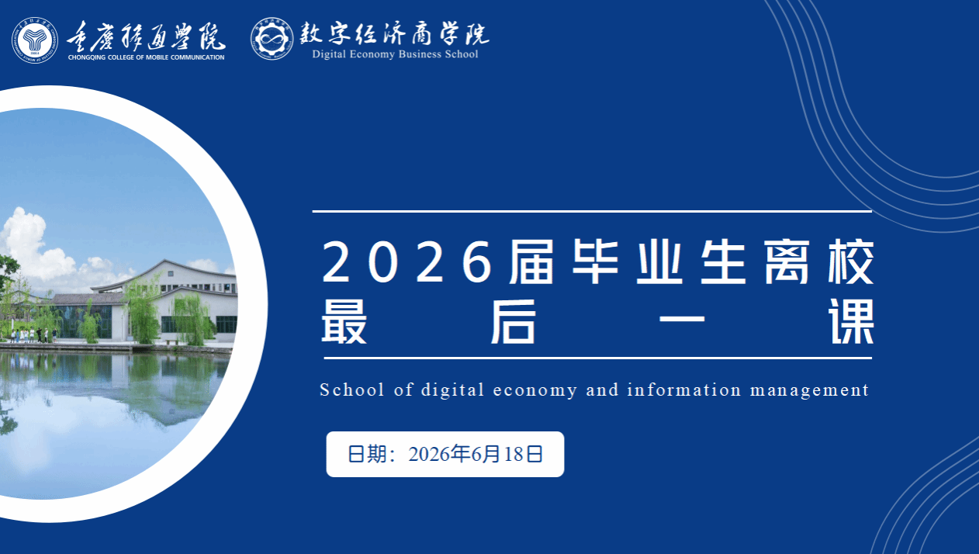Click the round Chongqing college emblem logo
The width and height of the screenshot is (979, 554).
point(35,40)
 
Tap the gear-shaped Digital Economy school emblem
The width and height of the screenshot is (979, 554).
point(272,39)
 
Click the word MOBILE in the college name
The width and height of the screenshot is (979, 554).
point(157,57)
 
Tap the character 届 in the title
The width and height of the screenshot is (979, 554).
point(531,262)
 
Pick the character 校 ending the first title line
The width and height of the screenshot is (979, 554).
point(851,262)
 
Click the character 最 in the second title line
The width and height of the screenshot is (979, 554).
point(344,322)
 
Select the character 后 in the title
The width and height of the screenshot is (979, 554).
point(513,322)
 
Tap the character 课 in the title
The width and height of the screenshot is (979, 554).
point(851,322)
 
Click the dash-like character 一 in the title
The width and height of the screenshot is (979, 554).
point(682,319)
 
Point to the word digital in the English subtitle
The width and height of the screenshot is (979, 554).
point(453,390)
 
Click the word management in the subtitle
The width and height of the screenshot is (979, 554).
point(809,390)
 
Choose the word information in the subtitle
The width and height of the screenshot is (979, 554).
point(684,390)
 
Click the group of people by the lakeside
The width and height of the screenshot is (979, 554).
point(33,335)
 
